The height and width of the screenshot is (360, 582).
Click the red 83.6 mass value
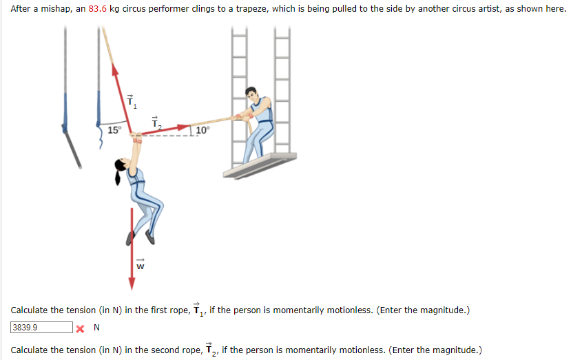point(97,8)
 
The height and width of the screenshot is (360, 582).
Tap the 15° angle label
point(114,130)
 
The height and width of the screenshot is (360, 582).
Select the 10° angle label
point(202,130)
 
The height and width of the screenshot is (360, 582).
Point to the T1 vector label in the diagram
point(132,101)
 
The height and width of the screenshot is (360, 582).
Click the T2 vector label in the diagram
point(156,123)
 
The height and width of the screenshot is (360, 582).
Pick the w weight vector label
point(141,264)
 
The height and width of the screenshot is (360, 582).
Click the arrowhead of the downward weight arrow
point(132,284)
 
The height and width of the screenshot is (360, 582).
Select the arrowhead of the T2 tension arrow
point(184,127)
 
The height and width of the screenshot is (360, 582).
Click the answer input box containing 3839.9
point(41,328)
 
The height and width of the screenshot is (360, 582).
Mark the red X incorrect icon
point(80,328)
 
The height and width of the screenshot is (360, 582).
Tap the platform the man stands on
point(260,165)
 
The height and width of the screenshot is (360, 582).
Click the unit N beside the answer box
point(96,328)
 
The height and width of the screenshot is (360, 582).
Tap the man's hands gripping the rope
point(241,117)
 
